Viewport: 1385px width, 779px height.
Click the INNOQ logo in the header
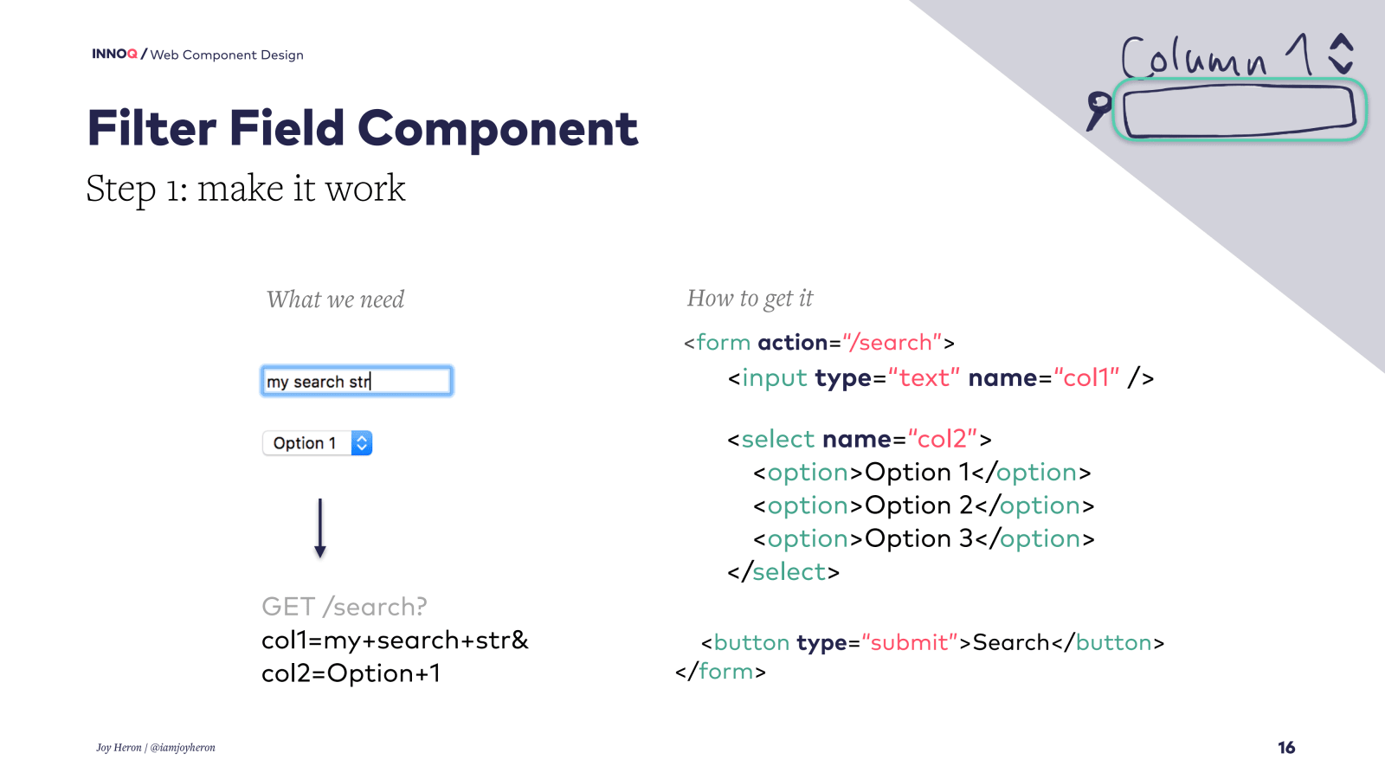(x=114, y=54)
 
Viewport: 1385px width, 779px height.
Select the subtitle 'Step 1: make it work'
(x=245, y=189)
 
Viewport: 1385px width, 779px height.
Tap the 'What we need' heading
(x=335, y=299)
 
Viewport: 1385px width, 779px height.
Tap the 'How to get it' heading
(x=750, y=299)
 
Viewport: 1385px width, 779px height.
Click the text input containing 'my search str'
(x=357, y=382)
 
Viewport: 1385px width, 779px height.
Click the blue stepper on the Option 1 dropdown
(x=362, y=443)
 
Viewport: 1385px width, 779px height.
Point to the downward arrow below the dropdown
(x=320, y=528)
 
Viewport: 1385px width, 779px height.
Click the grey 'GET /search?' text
(x=345, y=607)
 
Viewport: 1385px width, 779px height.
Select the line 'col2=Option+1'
(x=351, y=673)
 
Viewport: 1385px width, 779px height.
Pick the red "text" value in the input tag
(x=924, y=378)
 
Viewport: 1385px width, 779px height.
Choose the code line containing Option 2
(x=923, y=505)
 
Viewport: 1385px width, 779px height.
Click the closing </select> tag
(x=783, y=572)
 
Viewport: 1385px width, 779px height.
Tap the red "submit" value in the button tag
(x=909, y=643)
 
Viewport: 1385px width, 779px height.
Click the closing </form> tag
(x=720, y=672)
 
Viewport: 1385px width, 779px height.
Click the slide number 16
(x=1286, y=748)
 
